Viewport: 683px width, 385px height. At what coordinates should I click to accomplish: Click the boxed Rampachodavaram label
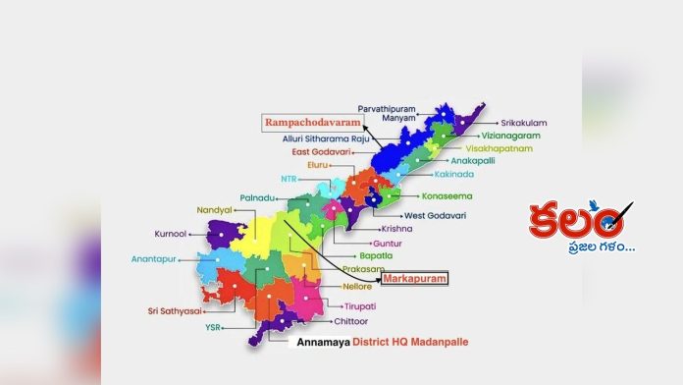309,123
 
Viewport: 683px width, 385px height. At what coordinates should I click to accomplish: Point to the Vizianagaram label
510,136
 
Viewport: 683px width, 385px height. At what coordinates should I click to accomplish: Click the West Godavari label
430,215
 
